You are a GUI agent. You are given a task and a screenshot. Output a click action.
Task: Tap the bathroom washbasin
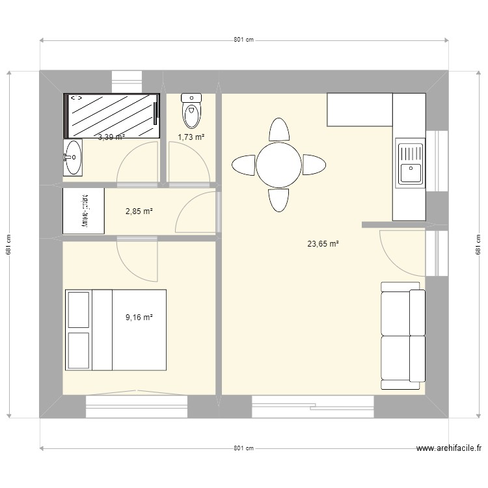coord(73,157)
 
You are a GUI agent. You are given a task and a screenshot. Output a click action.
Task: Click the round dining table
coord(278,165)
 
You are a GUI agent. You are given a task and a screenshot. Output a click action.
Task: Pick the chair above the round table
coord(279,129)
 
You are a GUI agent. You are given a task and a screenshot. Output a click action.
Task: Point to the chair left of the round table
coord(244,165)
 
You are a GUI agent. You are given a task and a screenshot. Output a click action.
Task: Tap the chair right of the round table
coord(314,165)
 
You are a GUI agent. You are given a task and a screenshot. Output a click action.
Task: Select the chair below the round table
coord(279,200)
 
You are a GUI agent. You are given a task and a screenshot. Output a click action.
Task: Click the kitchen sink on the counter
coord(410,163)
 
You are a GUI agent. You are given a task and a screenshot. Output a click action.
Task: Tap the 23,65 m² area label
coord(323,245)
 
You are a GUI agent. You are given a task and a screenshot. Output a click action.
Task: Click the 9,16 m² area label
coord(139,318)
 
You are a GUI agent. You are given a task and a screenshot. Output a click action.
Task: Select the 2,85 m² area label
coord(139,211)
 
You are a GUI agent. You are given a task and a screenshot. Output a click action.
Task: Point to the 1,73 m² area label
coord(191,137)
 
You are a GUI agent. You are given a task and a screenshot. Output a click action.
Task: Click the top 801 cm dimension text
coord(243,40)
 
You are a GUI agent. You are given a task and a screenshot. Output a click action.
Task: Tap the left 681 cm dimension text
coord(8,244)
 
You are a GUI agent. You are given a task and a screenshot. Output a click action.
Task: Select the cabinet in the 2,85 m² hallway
coord(84,211)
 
